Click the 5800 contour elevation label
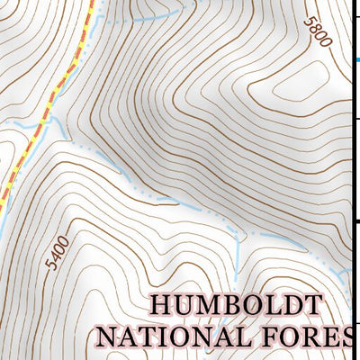tap(318, 35)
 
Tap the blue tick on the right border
tap(357, 59)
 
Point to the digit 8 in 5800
tap(316, 31)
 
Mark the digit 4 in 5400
tap(53, 263)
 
